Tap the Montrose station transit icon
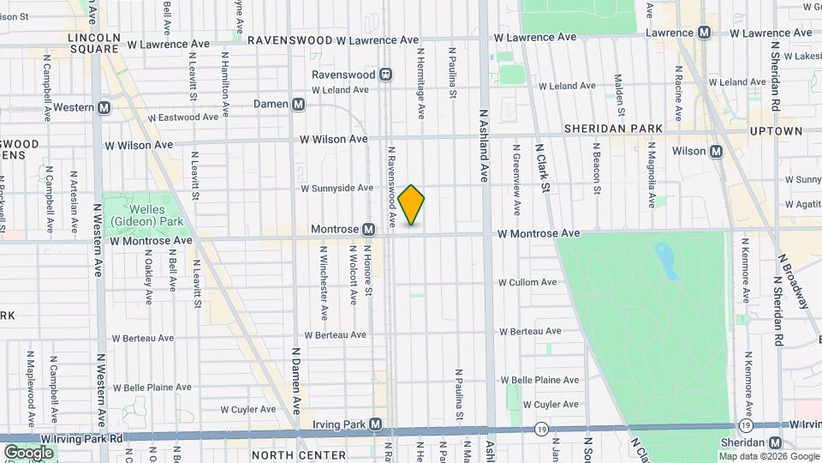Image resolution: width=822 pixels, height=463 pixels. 368,230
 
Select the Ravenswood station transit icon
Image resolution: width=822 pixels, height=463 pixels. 386,75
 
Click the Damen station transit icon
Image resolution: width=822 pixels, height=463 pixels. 298,105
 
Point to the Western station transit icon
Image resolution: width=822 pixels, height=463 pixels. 104,108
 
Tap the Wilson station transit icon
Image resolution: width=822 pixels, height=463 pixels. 717,152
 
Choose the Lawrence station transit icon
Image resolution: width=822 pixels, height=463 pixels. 704,33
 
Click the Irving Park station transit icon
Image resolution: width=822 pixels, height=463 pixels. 376,424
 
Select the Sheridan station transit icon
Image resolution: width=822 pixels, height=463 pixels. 775,442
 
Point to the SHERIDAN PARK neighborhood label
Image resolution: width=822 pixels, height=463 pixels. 613,129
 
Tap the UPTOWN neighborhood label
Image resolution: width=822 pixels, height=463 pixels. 777,131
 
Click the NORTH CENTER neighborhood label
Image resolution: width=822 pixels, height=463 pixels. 298,455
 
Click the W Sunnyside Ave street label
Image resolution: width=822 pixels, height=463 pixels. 337,188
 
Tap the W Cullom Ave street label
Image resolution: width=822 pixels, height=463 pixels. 527,282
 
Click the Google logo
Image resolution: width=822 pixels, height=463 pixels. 28,452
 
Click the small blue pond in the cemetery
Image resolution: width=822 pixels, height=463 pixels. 665,260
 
